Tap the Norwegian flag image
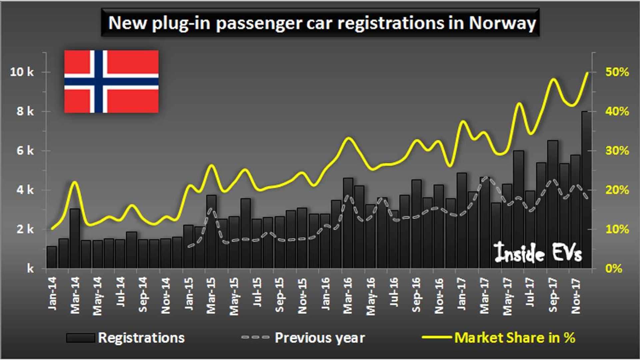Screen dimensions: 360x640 [x=111, y=81]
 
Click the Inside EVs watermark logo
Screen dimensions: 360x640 [x=537, y=252]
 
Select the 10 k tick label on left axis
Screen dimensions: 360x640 [x=22, y=72]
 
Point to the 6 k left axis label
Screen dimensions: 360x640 [x=25, y=150]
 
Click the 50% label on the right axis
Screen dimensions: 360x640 [x=617, y=72]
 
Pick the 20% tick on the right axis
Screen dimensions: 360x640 [x=617, y=190]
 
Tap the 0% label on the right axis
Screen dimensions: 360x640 [x=614, y=268]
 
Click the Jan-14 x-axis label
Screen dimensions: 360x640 [x=52, y=293]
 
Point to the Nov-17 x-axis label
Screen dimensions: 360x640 [x=576, y=296]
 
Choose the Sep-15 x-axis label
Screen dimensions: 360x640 [x=279, y=295]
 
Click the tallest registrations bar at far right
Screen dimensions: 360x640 [x=586, y=190]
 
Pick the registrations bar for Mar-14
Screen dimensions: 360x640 [x=75, y=239]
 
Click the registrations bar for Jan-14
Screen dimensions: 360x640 [x=52, y=257]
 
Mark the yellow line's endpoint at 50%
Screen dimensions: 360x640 [x=587, y=72]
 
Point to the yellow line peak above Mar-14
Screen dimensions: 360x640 [x=75, y=182]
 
